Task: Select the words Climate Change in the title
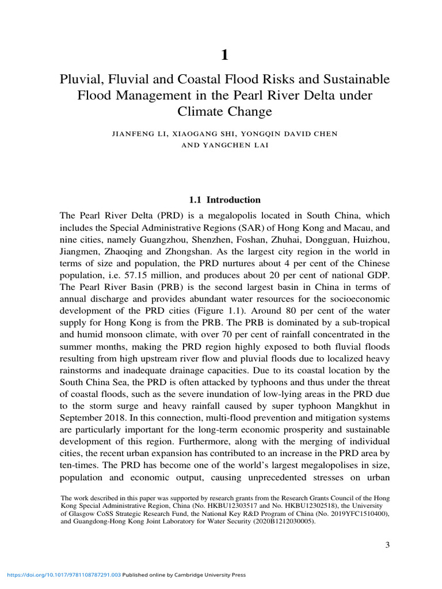click(224, 110)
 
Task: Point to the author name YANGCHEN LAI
click(237, 145)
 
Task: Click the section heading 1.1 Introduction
click(224, 200)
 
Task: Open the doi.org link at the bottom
click(63, 575)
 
